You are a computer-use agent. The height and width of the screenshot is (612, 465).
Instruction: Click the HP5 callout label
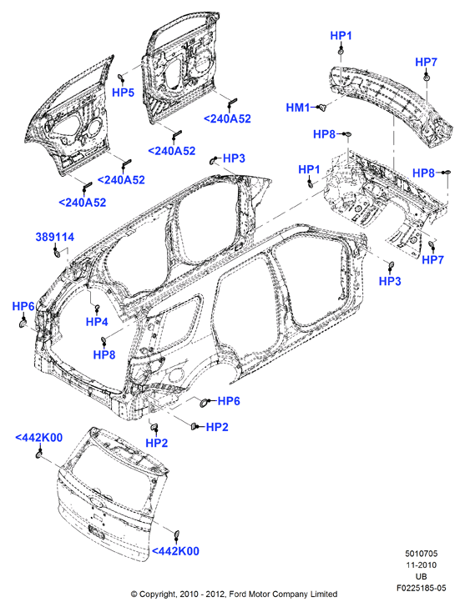[123, 93]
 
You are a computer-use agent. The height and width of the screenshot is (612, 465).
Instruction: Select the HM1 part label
[298, 108]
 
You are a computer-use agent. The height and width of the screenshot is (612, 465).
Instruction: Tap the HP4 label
[97, 322]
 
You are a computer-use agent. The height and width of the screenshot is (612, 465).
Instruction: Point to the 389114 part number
[55, 237]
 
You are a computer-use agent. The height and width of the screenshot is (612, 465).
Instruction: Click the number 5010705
[422, 554]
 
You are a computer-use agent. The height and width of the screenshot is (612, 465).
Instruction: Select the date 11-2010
[422, 564]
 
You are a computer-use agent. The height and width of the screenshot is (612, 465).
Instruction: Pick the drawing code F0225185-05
[422, 588]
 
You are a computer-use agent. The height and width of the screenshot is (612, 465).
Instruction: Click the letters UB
[422, 576]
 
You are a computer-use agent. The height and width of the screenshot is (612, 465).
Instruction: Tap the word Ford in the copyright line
[238, 594]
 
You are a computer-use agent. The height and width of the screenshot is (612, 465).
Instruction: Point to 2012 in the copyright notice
[216, 594]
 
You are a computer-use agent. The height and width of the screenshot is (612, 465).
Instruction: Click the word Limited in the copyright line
[324, 594]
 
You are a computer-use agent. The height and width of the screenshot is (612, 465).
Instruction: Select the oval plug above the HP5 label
[121, 76]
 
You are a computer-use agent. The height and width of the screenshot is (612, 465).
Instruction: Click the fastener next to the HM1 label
[322, 107]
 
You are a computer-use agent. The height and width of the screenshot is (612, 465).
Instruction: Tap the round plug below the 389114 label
[56, 253]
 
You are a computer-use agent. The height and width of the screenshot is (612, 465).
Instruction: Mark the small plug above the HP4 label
[98, 307]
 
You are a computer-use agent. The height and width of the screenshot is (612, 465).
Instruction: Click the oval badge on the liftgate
[96, 501]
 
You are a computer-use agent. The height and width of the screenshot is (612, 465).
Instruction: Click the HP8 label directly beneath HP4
[104, 355]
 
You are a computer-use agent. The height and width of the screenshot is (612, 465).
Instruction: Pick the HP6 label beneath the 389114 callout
[23, 306]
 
